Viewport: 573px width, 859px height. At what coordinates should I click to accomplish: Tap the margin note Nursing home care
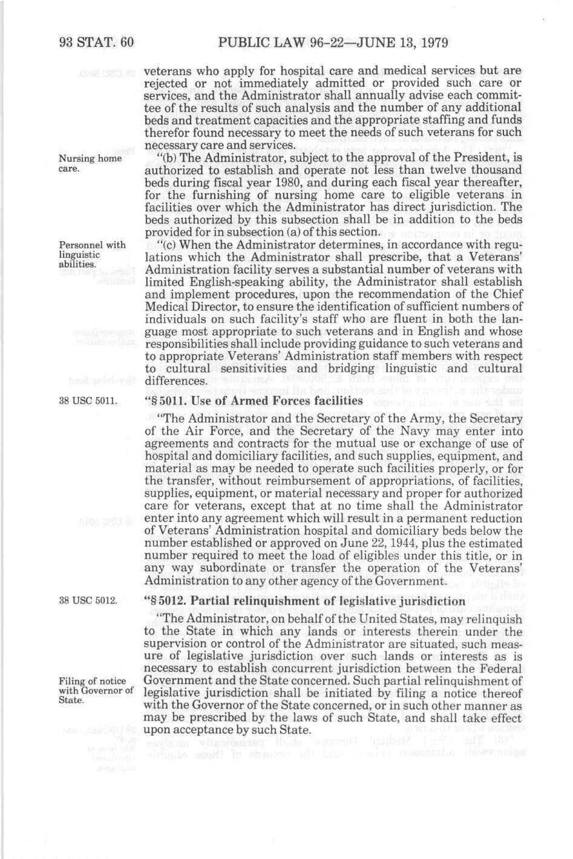click(90, 163)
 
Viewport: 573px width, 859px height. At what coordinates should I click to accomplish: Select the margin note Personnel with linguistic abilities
click(92, 254)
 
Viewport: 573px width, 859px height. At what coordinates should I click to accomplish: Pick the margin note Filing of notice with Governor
click(96, 691)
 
